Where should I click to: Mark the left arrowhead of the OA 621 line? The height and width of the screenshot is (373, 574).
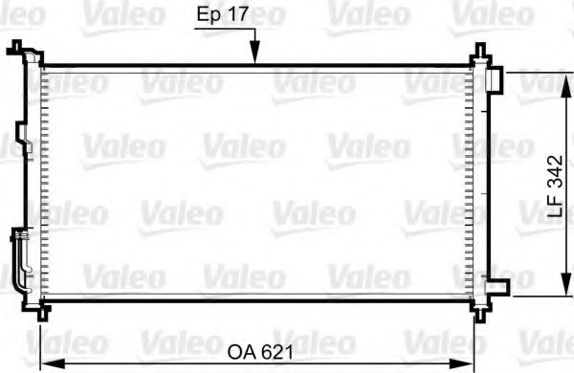(45, 362)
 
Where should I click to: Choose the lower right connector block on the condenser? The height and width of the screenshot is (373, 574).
(496, 284)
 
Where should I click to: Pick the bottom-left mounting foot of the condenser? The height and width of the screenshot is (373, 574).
(38, 310)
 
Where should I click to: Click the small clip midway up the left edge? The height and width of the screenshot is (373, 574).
(29, 148)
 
